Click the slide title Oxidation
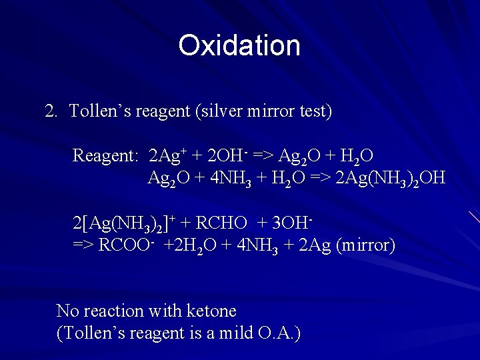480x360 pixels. tap(239, 46)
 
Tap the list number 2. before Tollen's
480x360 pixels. tap(52, 111)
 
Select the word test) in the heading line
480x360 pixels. tap(314, 111)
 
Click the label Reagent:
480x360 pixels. tap(105, 156)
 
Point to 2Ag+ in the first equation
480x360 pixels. tap(167, 156)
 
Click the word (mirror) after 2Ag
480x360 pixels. tap(366, 245)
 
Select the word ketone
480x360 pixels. tap(213, 311)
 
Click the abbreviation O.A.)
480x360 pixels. tap(279, 333)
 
